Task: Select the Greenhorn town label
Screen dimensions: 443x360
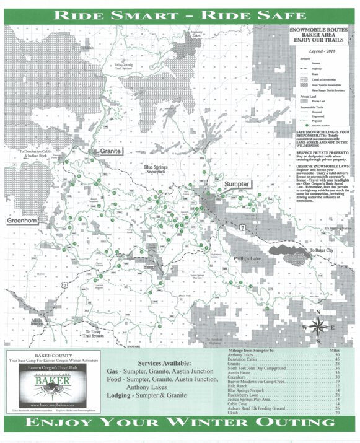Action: pyautogui.click(x=24, y=220)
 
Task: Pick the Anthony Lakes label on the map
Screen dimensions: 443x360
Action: pyautogui.click(x=196, y=35)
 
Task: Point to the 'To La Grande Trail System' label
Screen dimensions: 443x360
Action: pyautogui.click(x=123, y=66)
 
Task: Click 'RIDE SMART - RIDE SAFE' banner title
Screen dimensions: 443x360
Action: pyautogui.click(x=180, y=15)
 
